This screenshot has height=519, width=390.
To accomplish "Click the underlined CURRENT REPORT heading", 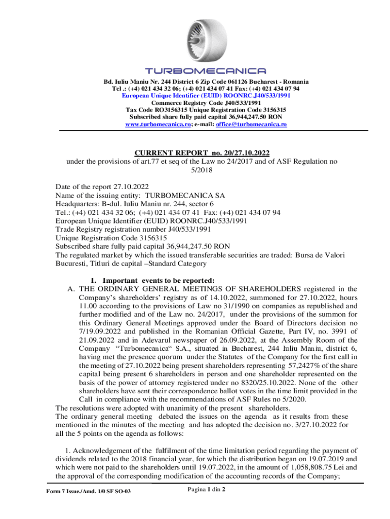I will tap(202, 153).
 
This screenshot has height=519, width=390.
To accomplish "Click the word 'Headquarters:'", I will tap(76, 204).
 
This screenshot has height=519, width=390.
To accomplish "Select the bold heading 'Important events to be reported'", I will tap(159, 280).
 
